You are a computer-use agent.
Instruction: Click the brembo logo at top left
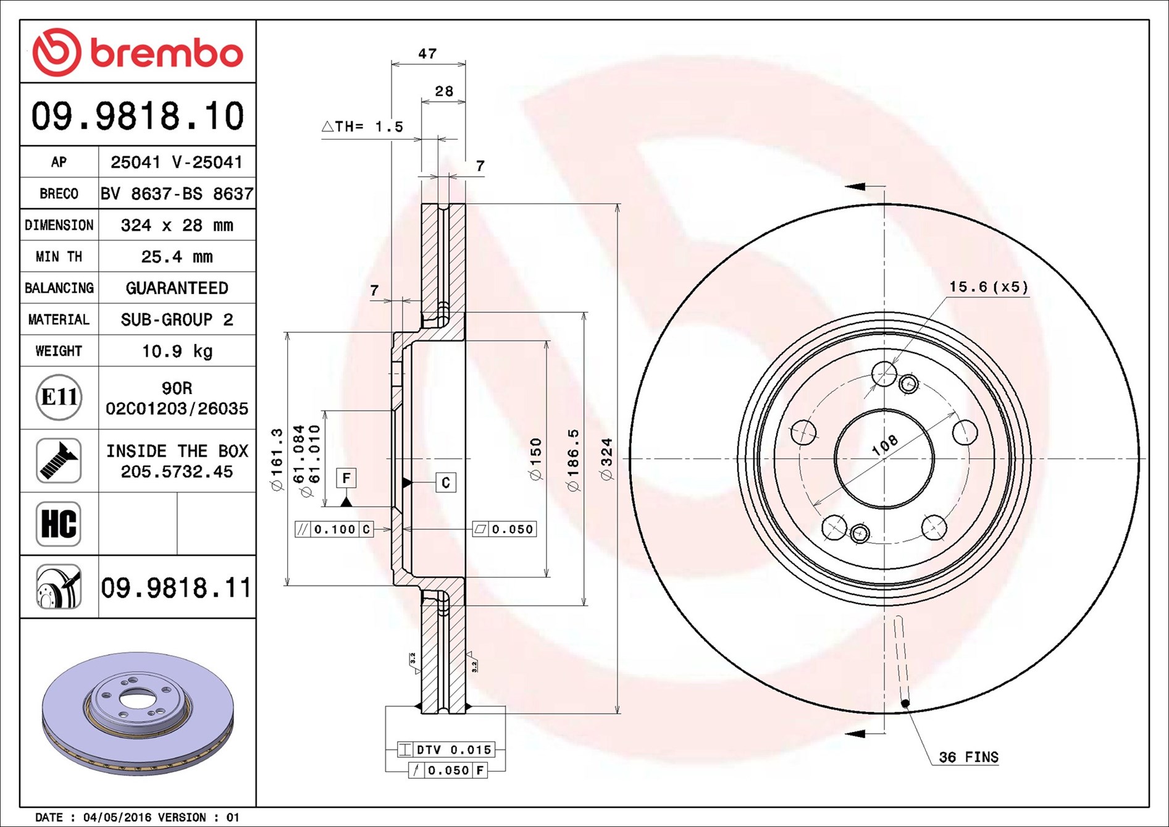pos(138,52)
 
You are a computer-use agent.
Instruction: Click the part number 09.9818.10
pos(138,116)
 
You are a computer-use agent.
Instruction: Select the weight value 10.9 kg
pos(177,351)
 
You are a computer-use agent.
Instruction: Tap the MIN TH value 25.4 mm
pos(177,256)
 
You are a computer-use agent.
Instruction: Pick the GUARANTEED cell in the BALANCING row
pos(177,288)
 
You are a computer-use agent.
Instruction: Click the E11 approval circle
pos(59,397)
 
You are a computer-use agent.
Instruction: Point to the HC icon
pos(59,524)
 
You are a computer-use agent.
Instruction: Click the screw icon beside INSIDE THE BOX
pos(59,461)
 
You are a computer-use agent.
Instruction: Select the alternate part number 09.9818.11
pos(177,587)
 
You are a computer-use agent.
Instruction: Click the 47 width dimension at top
pos(427,54)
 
